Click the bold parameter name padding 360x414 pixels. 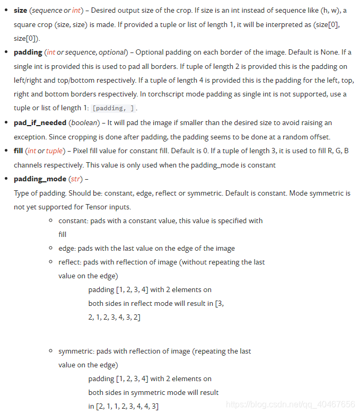[28, 52]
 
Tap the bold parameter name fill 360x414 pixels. [18, 151]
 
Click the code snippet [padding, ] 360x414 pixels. [113, 108]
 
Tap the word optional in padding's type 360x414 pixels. [111, 52]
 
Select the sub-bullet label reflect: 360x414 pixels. [70, 262]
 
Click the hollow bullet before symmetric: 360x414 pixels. [51, 351]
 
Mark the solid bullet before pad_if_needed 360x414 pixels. [7, 122]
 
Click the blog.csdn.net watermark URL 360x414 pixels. [291, 404]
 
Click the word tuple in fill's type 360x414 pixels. [54, 151]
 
